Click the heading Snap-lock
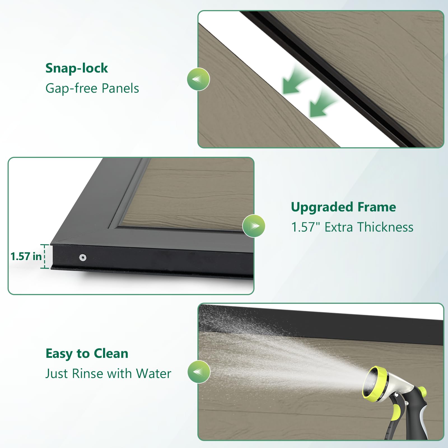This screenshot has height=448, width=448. click(77, 68)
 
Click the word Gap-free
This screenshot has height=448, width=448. click(71, 88)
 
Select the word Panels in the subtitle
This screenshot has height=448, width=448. click(120, 88)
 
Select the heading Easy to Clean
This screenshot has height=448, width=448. click(87, 354)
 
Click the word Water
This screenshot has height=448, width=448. click(153, 374)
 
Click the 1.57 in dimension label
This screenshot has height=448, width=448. click(26, 256)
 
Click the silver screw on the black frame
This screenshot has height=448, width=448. click(82, 257)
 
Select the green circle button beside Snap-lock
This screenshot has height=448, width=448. click(198, 79)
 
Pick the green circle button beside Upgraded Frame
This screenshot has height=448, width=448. click(254, 226)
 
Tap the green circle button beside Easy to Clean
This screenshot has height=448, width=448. click(199, 372)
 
